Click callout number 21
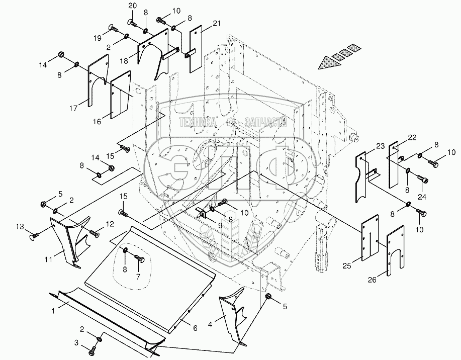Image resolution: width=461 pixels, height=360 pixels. (x=217, y=23)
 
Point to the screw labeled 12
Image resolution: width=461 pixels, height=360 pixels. (x=94, y=232)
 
